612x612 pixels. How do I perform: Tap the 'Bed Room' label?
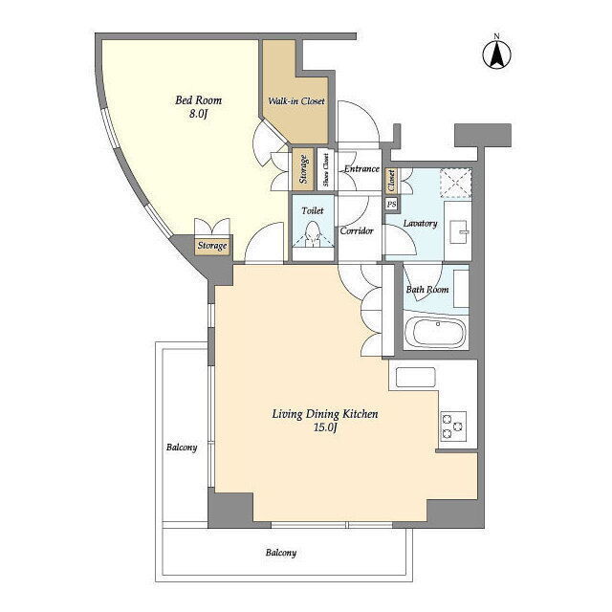pyautogui.click(x=198, y=100)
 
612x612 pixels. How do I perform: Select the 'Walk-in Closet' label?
pyautogui.click(x=296, y=101)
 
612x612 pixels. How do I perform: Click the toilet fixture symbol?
pyautogui.click(x=313, y=234)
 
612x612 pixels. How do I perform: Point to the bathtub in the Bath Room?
pyautogui.click(x=436, y=332)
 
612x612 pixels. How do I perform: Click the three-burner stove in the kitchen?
pyautogui.click(x=453, y=426)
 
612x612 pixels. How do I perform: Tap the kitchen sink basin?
pyautogui.click(x=415, y=377)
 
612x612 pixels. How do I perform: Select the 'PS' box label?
pyautogui.click(x=391, y=204)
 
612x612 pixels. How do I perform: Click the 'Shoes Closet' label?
pyautogui.click(x=326, y=169)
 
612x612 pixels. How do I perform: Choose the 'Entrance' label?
pyautogui.click(x=361, y=168)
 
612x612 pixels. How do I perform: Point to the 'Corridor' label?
pyautogui.click(x=357, y=230)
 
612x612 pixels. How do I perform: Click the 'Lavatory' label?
pyautogui.click(x=420, y=223)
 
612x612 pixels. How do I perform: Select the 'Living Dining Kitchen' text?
pyautogui.click(x=325, y=414)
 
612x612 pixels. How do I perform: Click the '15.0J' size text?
pyautogui.click(x=325, y=427)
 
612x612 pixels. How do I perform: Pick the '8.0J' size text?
pyautogui.click(x=198, y=114)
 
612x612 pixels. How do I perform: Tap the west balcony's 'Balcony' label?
pyautogui.click(x=182, y=448)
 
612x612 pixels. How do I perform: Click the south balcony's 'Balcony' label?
pyautogui.click(x=281, y=553)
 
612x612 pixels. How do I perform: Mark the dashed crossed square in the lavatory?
pyautogui.click(x=456, y=183)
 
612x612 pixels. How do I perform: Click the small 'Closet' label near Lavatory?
pyautogui.click(x=391, y=181)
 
